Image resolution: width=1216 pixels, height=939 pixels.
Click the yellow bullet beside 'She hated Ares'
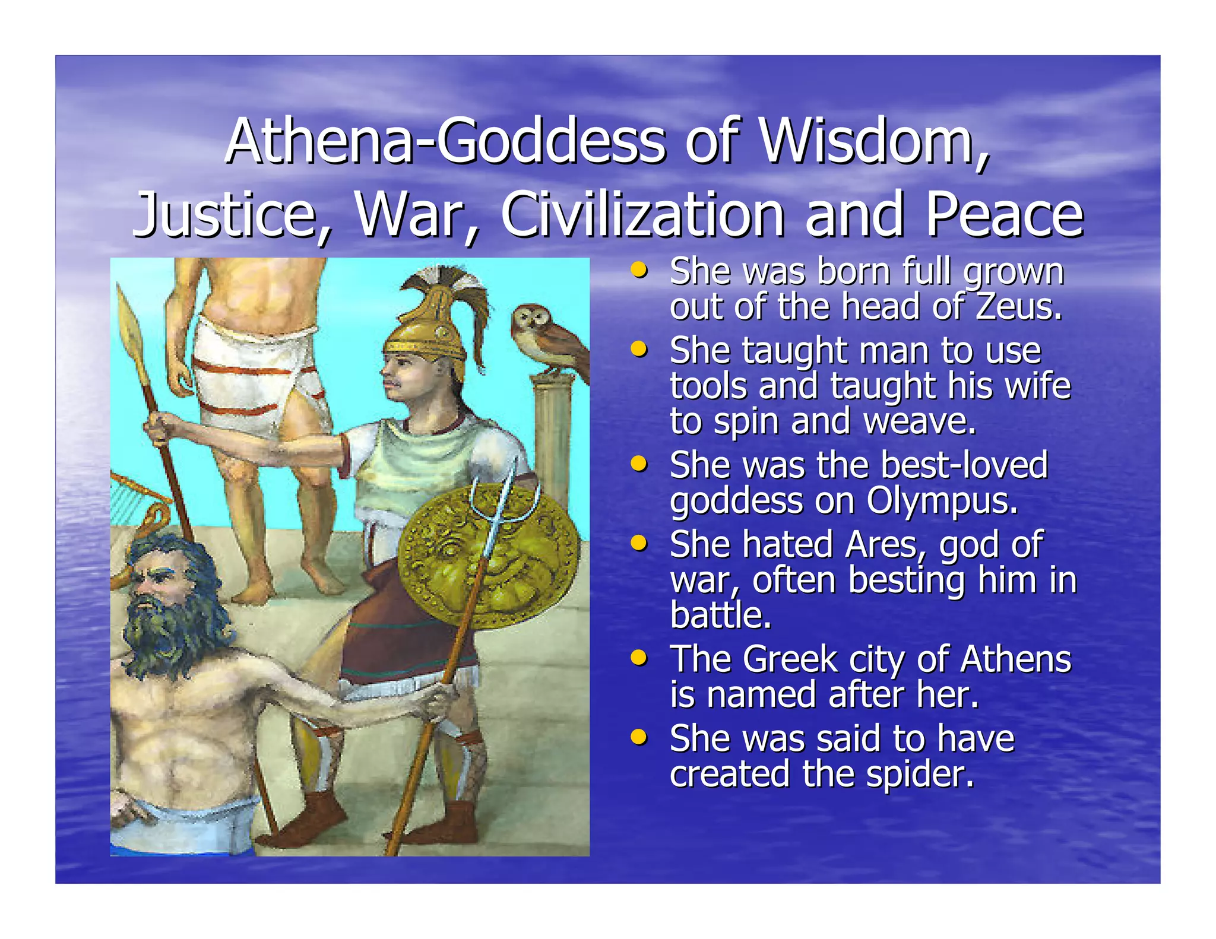pyautogui.click(x=639, y=543)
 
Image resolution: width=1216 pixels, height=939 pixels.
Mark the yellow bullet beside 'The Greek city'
pyautogui.click(x=639, y=657)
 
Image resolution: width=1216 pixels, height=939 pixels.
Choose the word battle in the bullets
pyautogui.click(x=720, y=616)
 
